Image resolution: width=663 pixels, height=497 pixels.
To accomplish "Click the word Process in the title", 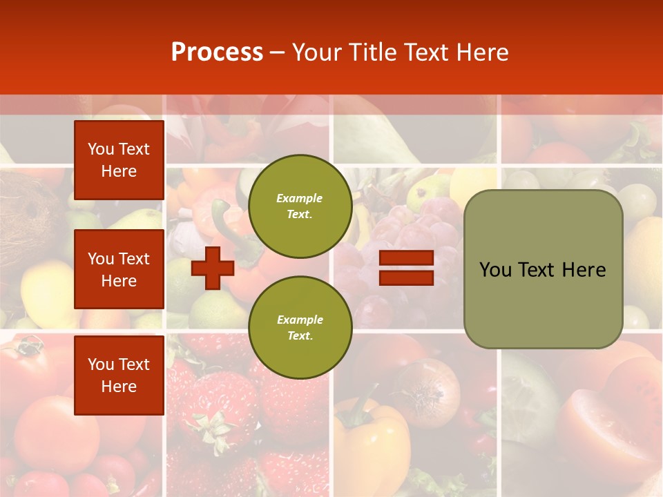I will coord(217,52).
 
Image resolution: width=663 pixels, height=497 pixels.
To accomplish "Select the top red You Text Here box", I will coord(119,160).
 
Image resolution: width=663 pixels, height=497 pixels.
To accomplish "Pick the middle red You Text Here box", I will coord(119,269).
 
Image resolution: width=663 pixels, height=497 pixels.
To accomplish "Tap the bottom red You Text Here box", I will coord(119,375).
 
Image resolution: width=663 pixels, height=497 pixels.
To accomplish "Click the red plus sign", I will coord(213,268).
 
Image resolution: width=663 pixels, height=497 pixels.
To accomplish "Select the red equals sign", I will coord(407,268).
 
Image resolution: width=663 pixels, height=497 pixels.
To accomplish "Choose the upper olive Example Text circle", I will coord(300,206).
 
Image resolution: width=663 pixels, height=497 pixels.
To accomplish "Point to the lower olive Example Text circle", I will coord(300,328).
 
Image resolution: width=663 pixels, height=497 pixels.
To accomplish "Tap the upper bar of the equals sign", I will coord(407,258).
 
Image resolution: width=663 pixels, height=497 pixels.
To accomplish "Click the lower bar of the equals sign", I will coord(407,277).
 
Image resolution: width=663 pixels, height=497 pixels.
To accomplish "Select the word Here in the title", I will coord(483,52).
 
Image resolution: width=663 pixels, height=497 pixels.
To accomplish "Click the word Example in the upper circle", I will coord(300,198).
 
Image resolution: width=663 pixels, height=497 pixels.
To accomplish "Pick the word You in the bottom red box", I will coord(100,364).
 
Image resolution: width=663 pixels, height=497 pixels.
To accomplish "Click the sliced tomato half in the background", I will coord(594,428).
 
